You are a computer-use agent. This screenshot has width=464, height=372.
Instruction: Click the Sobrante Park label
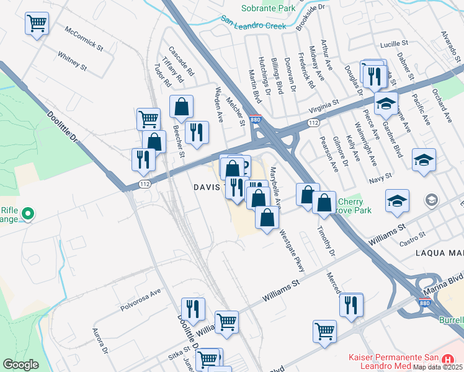click(x=269, y=9)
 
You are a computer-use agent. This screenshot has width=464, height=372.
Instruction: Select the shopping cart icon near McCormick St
click(x=37, y=24)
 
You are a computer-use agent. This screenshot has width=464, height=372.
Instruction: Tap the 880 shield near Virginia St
click(x=258, y=119)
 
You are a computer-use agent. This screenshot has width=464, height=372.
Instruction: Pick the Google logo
click(x=20, y=365)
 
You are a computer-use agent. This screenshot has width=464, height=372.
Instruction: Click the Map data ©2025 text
click(x=437, y=366)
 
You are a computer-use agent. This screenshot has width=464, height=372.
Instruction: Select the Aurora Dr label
click(x=100, y=340)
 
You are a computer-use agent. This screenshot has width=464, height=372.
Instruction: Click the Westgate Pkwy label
click(x=292, y=251)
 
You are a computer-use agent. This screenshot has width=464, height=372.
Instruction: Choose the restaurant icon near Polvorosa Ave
click(x=193, y=309)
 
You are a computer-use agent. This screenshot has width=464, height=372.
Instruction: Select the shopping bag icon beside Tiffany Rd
click(x=181, y=107)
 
